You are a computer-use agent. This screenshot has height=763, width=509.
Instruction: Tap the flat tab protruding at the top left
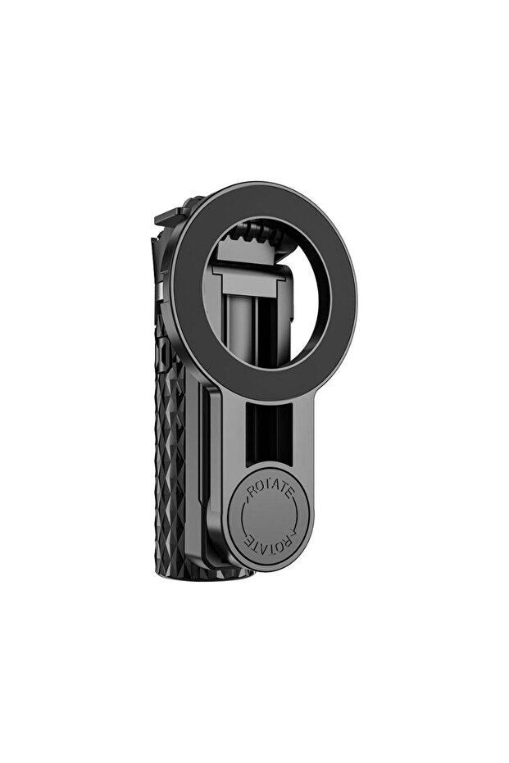pos(170,216)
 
